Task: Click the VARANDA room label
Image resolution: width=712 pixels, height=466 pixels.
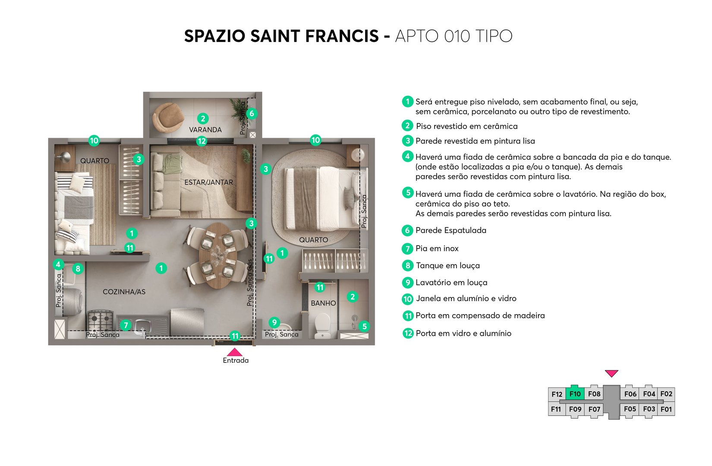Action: pyautogui.click(x=205, y=129)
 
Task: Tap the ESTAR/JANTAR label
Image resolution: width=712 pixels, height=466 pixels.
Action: pyautogui.click(x=208, y=183)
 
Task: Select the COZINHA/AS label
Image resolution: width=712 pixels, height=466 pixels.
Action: pyautogui.click(x=124, y=292)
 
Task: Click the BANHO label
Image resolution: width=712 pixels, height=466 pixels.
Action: pyautogui.click(x=323, y=303)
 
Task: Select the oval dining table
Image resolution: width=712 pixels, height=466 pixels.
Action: pyautogui.click(x=217, y=255)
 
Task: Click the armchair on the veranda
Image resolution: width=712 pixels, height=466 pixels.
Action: pyautogui.click(x=167, y=117)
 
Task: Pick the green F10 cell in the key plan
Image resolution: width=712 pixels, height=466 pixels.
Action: pyautogui.click(x=575, y=394)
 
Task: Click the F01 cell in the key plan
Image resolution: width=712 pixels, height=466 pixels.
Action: pyautogui.click(x=666, y=409)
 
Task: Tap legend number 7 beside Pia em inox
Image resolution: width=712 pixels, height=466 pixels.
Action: pyautogui.click(x=407, y=249)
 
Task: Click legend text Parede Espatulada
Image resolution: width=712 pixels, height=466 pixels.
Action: pyautogui.click(x=451, y=230)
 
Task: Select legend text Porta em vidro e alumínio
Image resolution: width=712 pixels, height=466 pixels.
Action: pyautogui.click(x=463, y=334)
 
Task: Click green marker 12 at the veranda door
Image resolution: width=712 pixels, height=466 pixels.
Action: pyautogui.click(x=202, y=141)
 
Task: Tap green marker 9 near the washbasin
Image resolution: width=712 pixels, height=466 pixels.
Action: pyautogui.click(x=274, y=322)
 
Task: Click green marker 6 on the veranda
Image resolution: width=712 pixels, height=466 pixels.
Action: pyautogui.click(x=252, y=113)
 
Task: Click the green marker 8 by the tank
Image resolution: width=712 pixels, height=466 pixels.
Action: pyautogui.click(x=78, y=269)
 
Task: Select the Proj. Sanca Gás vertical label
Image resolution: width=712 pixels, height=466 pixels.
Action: pyautogui.click(x=250, y=283)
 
